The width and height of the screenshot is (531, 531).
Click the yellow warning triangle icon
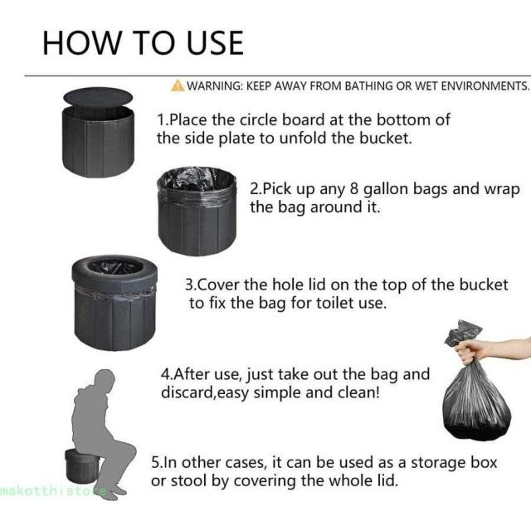pos(178,85)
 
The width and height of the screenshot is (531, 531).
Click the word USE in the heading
pos(215,43)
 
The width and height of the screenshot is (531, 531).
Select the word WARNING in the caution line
pos(214,85)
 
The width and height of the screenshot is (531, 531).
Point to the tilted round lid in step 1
pos(98,97)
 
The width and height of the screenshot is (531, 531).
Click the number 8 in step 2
pos(354,189)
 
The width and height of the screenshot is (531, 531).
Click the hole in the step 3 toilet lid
pos(114,267)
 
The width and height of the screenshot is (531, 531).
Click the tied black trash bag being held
pos(476,397)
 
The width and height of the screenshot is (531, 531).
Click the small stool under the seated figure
pos(81,466)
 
